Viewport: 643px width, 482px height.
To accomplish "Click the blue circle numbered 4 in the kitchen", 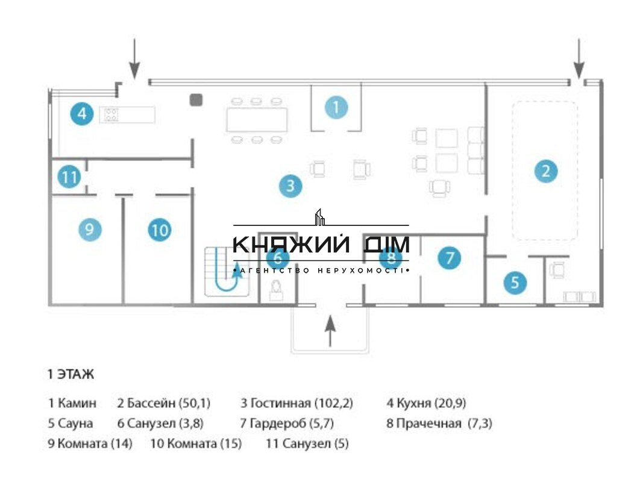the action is pyautogui.click(x=82, y=113).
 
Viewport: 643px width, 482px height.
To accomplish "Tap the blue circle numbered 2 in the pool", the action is pyautogui.click(x=546, y=171).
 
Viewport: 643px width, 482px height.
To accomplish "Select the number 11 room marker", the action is pyautogui.click(x=69, y=177).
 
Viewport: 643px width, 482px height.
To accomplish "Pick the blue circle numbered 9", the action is pyautogui.click(x=90, y=229).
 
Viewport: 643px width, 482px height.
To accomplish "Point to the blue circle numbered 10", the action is pyautogui.click(x=160, y=230).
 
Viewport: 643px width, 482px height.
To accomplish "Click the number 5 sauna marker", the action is pyautogui.click(x=515, y=282).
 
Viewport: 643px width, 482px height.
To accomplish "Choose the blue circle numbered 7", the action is pyautogui.click(x=449, y=257).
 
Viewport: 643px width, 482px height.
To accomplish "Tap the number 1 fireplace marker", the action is pyautogui.click(x=336, y=107).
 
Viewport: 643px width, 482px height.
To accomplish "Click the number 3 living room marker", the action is pyautogui.click(x=290, y=186).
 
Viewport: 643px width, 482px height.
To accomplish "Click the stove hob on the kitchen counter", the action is pyautogui.click(x=111, y=114).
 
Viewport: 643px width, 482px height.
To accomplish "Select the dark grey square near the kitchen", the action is pyautogui.click(x=196, y=100).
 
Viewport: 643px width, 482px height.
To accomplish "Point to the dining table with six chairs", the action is pyautogui.click(x=257, y=120).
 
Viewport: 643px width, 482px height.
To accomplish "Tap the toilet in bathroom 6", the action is pyautogui.click(x=276, y=290).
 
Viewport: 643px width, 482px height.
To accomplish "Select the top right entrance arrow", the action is pyautogui.click(x=579, y=58).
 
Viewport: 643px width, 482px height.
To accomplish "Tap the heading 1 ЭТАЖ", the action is pyautogui.click(x=71, y=374).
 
